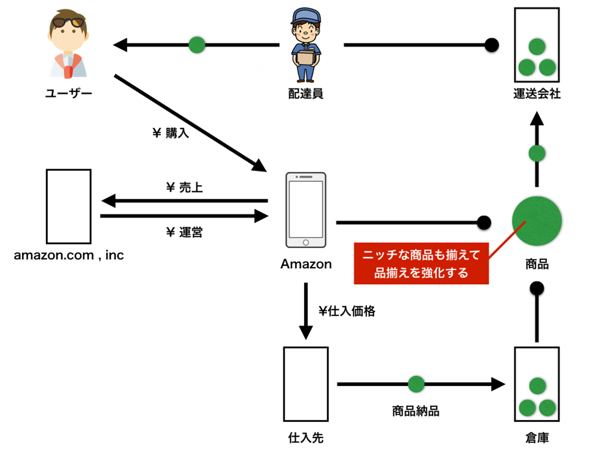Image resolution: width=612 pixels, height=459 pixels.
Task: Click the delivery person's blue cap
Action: coord(306,16)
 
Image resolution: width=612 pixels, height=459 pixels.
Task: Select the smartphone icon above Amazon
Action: coord(306,210)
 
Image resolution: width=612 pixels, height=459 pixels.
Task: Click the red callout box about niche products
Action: coord(421,263)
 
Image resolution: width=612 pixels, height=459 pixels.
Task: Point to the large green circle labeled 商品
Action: coord(537,221)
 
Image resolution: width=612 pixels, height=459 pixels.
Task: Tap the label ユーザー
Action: coord(68,93)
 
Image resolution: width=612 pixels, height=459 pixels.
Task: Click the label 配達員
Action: coord(306,93)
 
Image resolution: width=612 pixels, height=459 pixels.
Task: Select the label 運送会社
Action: coord(537,93)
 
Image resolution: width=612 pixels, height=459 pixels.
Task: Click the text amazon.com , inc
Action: coord(68,255)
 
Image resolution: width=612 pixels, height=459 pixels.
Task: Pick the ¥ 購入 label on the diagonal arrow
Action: coord(170,133)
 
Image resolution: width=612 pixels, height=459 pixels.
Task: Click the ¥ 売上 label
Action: coord(184,187)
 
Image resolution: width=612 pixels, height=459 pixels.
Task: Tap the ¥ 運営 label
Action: coord(184,232)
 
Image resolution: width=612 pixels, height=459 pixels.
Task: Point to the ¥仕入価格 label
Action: coord(347,311)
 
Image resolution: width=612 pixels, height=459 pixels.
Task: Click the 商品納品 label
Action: coord(416,411)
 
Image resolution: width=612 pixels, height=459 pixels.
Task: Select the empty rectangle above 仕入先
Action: coord(306,384)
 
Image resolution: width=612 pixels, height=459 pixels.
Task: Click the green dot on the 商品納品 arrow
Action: coord(416,384)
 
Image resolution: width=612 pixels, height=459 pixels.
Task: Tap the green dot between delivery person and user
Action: coord(197,45)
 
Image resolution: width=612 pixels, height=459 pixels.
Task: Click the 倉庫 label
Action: coord(537,438)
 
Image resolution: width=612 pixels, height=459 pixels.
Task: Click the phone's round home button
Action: coord(306,243)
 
